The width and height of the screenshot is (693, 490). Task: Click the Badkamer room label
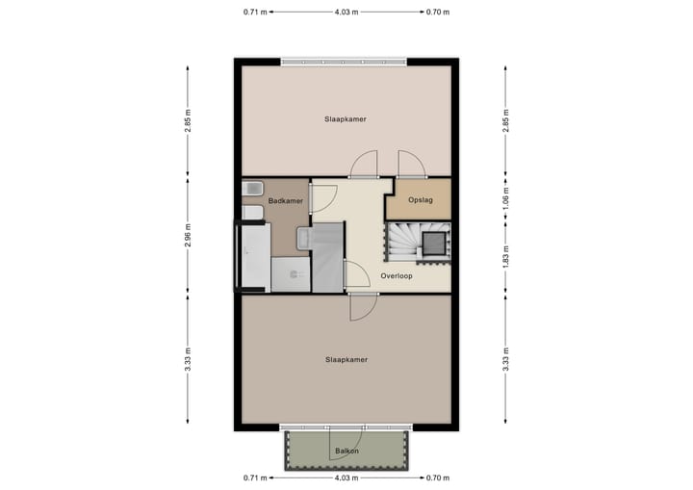pos(286,200)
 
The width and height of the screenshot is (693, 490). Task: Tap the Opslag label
pos(421,200)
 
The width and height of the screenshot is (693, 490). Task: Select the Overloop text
pos(397,275)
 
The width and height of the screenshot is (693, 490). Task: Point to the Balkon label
pos(346,451)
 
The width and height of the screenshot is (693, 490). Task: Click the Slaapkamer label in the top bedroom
pos(346,118)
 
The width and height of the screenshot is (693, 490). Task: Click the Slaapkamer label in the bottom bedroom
pos(346,359)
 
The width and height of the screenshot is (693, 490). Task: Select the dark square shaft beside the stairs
pos(435,242)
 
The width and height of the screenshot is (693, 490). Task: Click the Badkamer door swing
pos(323,196)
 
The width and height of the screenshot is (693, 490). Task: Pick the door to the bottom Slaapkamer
pos(363,307)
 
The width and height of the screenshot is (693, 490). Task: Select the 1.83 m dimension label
pos(506,257)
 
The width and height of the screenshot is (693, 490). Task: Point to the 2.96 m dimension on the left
pos(188,235)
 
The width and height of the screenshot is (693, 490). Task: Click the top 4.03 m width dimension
pos(347,12)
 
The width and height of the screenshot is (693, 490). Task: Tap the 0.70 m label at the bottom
pos(437,477)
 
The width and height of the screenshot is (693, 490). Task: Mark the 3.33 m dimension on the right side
pos(506,359)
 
